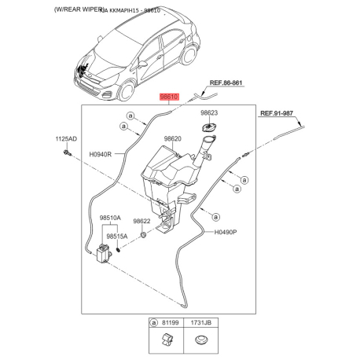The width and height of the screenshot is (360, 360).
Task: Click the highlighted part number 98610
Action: click(x=170, y=97)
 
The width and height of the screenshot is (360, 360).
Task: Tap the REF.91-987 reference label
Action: click(x=281, y=114)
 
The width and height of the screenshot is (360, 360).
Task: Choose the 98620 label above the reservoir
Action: click(x=173, y=139)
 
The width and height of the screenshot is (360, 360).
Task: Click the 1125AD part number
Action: click(x=66, y=139)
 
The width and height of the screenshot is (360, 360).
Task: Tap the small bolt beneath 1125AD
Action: click(x=68, y=153)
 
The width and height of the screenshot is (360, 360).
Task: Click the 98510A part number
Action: click(x=110, y=218)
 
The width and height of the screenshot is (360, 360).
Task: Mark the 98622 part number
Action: click(x=142, y=222)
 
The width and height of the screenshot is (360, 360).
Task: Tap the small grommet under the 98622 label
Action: click(x=143, y=235)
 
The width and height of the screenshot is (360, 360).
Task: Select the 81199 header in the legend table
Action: click(x=170, y=322)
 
